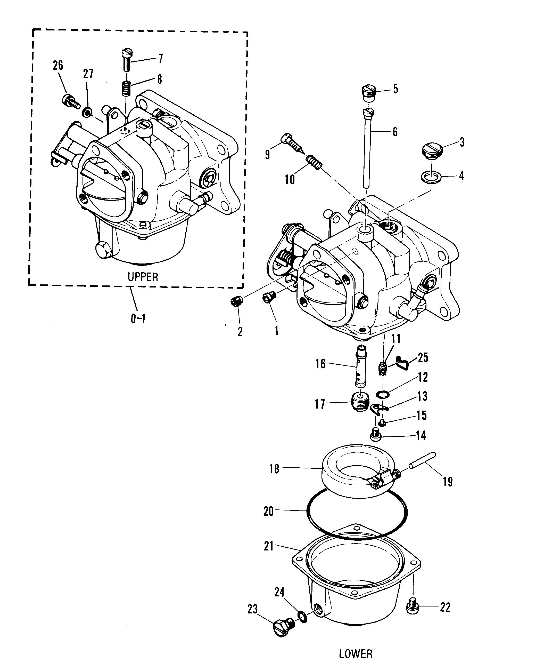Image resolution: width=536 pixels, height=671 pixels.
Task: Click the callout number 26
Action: pyautogui.click(x=58, y=65)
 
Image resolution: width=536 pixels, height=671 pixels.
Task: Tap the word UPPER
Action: pyautogui.click(x=143, y=277)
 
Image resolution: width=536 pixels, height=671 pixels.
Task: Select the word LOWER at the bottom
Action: pyautogui.click(x=355, y=654)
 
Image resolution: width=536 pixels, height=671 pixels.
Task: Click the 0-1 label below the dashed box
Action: pyautogui.click(x=138, y=318)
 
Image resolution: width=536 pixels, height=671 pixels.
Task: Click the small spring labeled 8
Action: pyautogui.click(x=126, y=88)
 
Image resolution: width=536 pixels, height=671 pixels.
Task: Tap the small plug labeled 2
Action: pyautogui.click(x=237, y=301)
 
